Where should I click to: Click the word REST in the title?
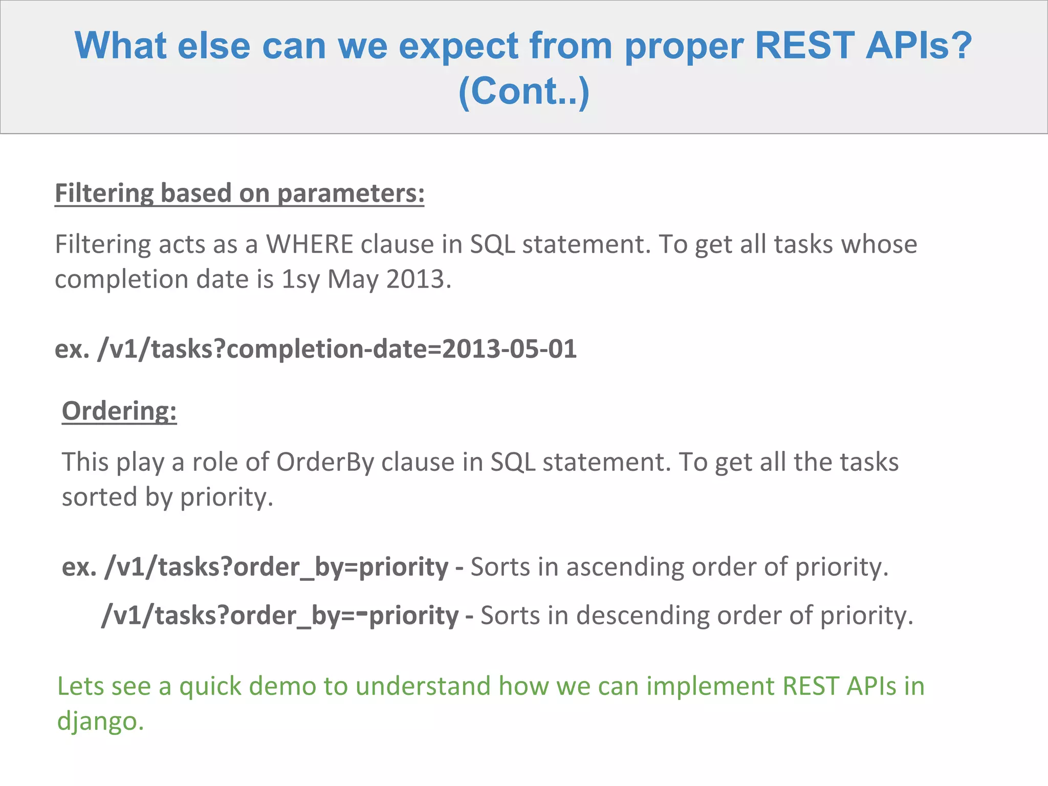(x=804, y=46)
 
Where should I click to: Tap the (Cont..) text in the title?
(x=523, y=91)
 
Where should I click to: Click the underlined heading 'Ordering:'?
(x=119, y=411)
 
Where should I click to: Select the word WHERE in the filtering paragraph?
(x=310, y=245)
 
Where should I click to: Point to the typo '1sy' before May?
(x=301, y=280)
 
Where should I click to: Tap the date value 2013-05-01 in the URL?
(x=509, y=350)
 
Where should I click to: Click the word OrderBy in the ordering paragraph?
(x=325, y=462)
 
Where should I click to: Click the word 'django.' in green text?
(x=100, y=721)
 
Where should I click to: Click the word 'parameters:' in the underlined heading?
(x=351, y=193)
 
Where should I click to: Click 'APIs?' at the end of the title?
(x=919, y=46)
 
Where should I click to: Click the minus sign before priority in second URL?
(x=362, y=611)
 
